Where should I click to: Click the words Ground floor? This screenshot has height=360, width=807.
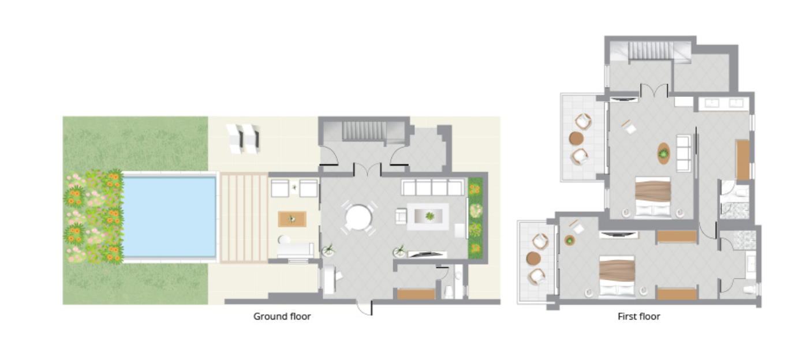[x=282, y=316]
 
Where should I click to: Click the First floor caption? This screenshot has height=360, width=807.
[x=639, y=316]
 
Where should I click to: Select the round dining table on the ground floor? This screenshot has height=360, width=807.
[x=358, y=217]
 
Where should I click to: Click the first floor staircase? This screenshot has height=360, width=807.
[x=651, y=50]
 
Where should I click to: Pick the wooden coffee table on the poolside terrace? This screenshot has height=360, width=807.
[x=292, y=219]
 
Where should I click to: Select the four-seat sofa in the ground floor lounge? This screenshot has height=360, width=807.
[x=432, y=187]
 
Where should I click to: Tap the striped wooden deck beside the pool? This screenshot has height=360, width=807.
[x=244, y=218]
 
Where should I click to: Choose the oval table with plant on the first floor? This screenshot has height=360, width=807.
[x=664, y=153]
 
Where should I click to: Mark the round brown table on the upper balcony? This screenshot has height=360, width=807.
[x=576, y=138]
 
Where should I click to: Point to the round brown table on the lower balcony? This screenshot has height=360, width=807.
[x=533, y=258]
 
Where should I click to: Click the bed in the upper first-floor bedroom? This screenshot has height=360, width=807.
[x=653, y=197]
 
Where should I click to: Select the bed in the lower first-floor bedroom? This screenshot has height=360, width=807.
[x=617, y=276]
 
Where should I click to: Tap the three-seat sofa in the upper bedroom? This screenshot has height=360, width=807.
[x=683, y=153]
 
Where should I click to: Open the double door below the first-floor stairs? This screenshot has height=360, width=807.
[x=655, y=91]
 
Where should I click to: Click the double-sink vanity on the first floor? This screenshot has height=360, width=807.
[x=724, y=104]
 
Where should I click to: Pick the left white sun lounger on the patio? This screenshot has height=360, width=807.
[x=235, y=138]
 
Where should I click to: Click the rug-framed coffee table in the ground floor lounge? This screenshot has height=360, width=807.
[x=428, y=216]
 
